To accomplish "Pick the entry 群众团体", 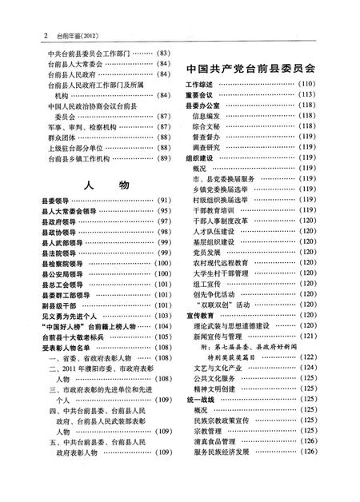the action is pos(60,137).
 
